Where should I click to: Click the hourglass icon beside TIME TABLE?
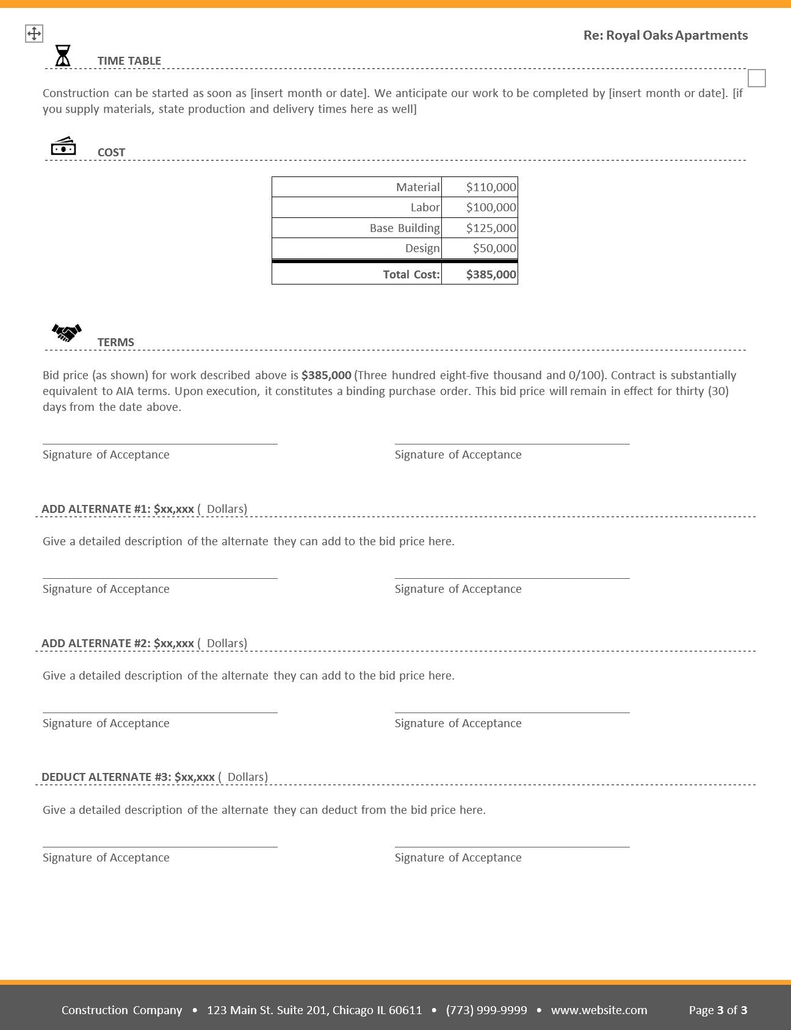coord(63,56)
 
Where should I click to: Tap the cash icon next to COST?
coord(63,147)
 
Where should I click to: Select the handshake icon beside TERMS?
coord(67,332)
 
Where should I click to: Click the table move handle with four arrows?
coord(34,34)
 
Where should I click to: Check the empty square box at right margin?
coord(756,78)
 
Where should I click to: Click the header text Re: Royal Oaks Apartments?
coord(665,35)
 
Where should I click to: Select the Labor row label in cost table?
coord(425,208)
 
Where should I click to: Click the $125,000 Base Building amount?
coord(491,228)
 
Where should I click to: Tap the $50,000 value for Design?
coord(494,248)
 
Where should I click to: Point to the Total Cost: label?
coord(411,275)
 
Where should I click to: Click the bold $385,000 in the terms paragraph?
coord(326,375)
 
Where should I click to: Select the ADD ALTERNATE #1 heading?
coord(117,509)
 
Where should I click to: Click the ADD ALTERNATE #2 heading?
coord(117,644)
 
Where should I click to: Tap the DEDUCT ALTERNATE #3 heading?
coord(128,777)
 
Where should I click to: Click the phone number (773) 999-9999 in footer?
coord(486,1010)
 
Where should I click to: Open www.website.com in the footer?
coord(599,1010)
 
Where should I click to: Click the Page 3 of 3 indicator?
coord(718,1010)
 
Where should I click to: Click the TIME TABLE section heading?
coord(129,61)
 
